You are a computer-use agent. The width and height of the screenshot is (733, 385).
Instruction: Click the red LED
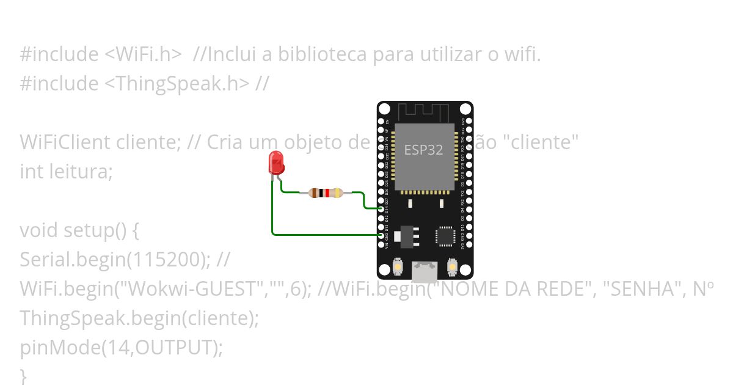tap(276, 163)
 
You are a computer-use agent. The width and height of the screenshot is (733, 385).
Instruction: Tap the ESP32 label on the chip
tap(423, 150)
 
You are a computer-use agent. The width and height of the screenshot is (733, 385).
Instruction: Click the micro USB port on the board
tap(425, 271)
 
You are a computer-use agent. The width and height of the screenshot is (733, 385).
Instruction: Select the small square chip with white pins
tap(445, 237)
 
